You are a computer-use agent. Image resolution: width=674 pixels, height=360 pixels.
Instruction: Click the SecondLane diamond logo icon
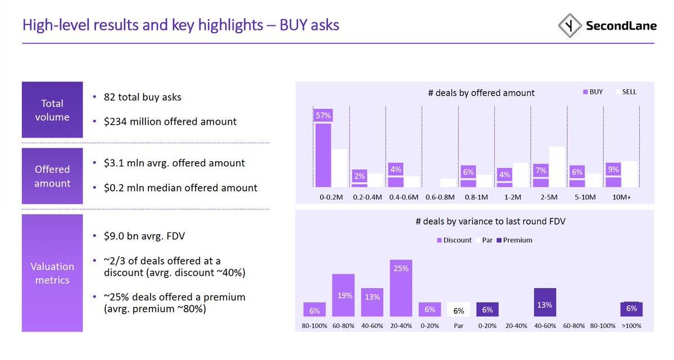coord(570,26)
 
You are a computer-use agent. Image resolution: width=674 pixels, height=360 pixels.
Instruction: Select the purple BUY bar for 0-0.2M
coord(323,154)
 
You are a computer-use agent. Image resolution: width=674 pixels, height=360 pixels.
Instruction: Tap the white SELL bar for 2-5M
coord(557,166)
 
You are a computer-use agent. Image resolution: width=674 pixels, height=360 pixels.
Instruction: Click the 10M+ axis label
coord(621,198)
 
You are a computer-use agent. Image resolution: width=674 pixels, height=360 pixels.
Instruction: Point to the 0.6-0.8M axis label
coord(440,198)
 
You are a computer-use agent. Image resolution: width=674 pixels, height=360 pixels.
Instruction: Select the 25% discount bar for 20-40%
coord(401,288)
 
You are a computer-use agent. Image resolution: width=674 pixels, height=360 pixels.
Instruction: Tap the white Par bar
coord(458,309)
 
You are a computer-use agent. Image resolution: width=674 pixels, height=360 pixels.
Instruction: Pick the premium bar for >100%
coord(631,309)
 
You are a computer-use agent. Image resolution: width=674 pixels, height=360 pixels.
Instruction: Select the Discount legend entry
coord(456,240)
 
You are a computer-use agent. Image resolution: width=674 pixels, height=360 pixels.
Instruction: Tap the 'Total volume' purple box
coord(52,110)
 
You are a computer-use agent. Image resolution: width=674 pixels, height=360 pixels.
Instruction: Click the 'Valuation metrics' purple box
coord(52,273)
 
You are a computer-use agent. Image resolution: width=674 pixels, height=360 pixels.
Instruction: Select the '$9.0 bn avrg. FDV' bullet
coord(144,236)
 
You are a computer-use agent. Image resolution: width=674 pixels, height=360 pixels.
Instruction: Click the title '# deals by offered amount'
coord(481,93)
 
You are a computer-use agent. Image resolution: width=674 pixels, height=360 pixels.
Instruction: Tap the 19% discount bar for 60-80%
coord(343,295)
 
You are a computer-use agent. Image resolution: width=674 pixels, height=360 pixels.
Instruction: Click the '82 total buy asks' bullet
coord(142,97)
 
